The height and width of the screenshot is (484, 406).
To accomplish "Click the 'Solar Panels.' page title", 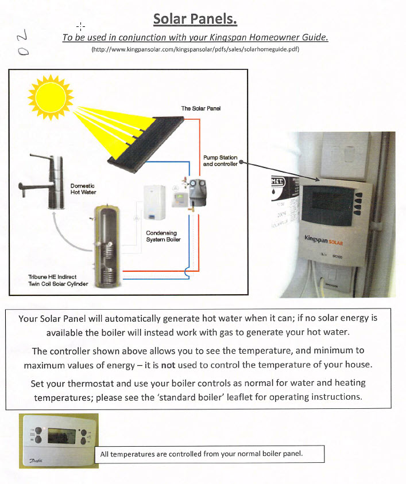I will pyautogui.click(x=195, y=19).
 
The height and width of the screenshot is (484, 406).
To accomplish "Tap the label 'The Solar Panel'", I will pyautogui.click(x=200, y=108).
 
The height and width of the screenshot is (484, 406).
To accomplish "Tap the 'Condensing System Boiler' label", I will pyautogui.click(x=163, y=236).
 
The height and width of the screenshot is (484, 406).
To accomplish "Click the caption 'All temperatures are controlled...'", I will pyautogui.click(x=202, y=454).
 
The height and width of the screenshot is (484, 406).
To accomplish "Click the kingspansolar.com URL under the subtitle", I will pyautogui.click(x=196, y=50).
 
